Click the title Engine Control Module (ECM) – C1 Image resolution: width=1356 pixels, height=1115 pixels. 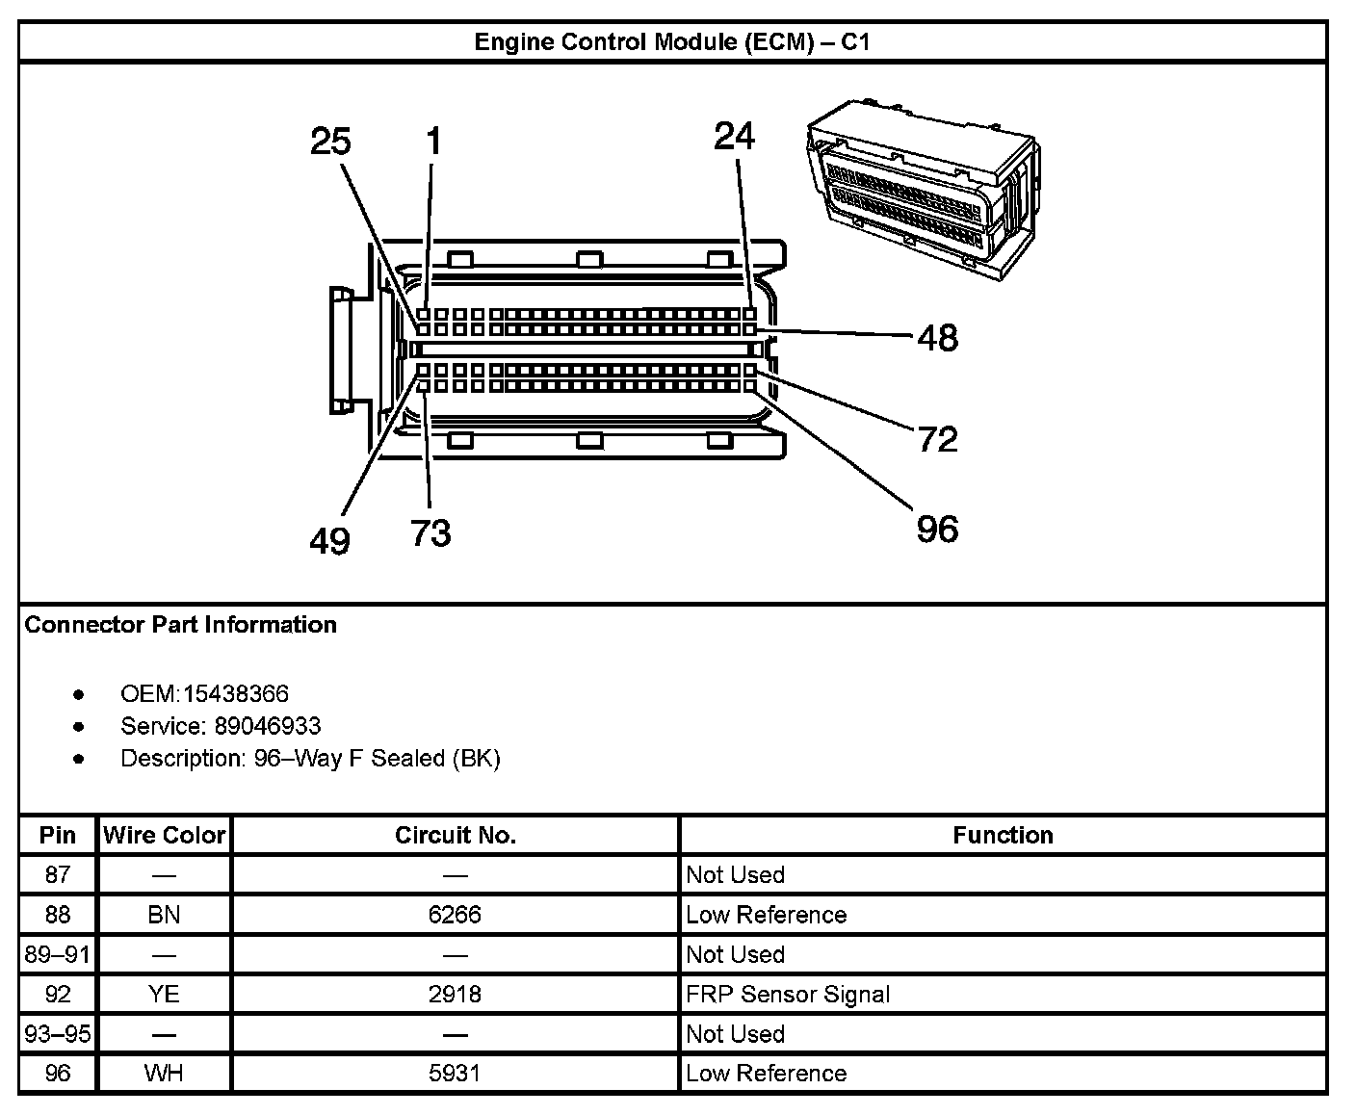(672, 42)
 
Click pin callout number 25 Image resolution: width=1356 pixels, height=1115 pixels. (330, 143)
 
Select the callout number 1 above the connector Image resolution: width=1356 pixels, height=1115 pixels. (433, 143)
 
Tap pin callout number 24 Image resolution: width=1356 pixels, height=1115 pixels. (735, 137)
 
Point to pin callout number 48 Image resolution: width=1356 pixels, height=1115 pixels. (937, 338)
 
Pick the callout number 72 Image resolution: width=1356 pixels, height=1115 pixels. (937, 439)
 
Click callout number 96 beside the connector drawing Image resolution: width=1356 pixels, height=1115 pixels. (937, 529)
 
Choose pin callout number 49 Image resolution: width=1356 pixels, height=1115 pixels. (329, 541)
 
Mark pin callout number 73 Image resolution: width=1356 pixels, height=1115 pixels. (430, 532)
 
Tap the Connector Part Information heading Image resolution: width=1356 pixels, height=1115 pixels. (181, 625)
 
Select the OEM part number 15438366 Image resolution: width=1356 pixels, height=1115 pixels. (236, 694)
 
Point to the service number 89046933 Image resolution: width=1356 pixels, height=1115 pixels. (268, 726)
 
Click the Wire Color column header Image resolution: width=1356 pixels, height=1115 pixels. (164, 835)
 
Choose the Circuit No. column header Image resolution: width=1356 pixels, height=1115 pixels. (455, 835)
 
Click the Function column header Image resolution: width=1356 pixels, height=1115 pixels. (1003, 835)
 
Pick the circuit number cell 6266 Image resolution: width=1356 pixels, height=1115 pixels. (455, 915)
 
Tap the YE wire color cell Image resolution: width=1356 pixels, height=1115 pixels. (164, 994)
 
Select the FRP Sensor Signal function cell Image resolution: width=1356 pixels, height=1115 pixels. (788, 994)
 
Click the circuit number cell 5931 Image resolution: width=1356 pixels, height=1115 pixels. (455, 1074)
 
